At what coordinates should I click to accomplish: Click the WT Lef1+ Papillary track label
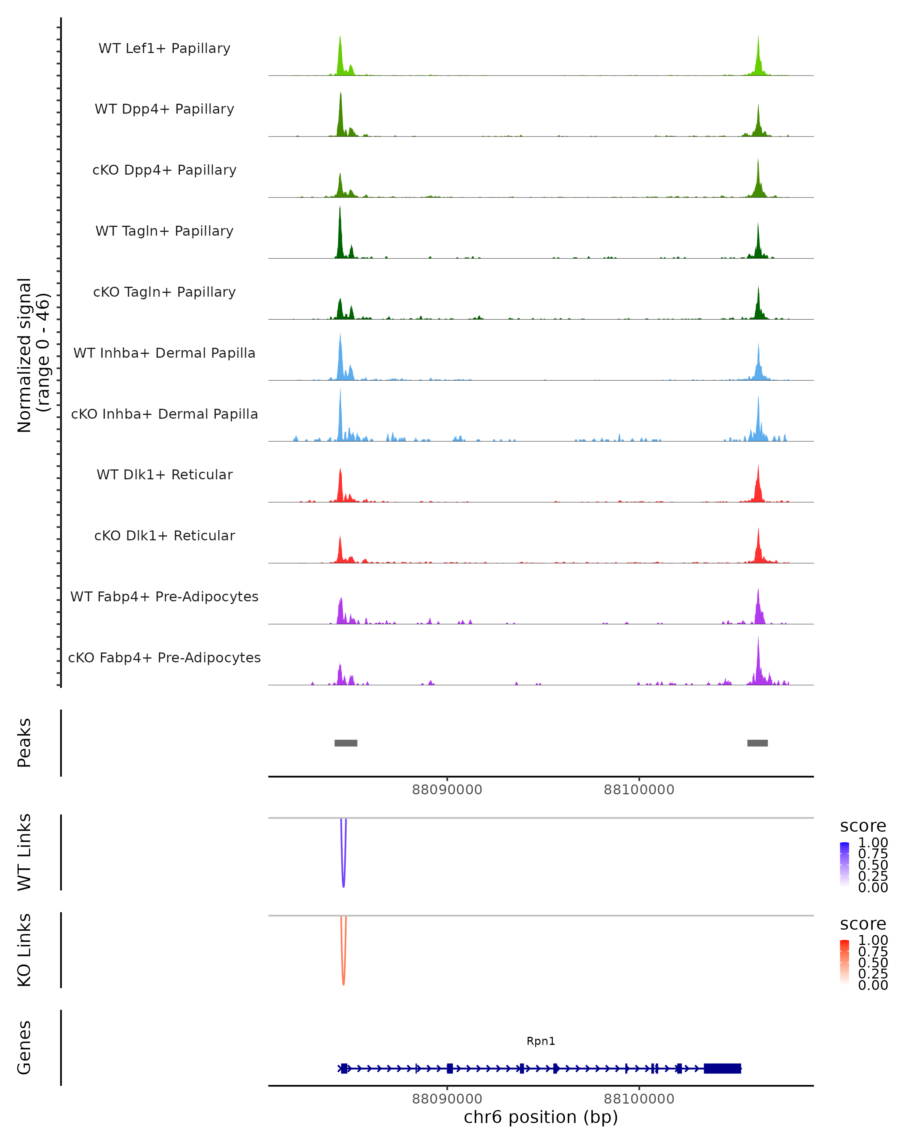164,48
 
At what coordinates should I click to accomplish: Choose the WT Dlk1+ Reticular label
164,474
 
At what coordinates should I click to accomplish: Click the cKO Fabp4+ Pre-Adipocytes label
164,657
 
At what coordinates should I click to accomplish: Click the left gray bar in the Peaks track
346,743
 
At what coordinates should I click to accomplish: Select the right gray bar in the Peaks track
758,743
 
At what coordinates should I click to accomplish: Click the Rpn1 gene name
541,1041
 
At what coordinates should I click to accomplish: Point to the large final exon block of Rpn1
722,1068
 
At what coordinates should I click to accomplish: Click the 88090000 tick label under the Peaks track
447,790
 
